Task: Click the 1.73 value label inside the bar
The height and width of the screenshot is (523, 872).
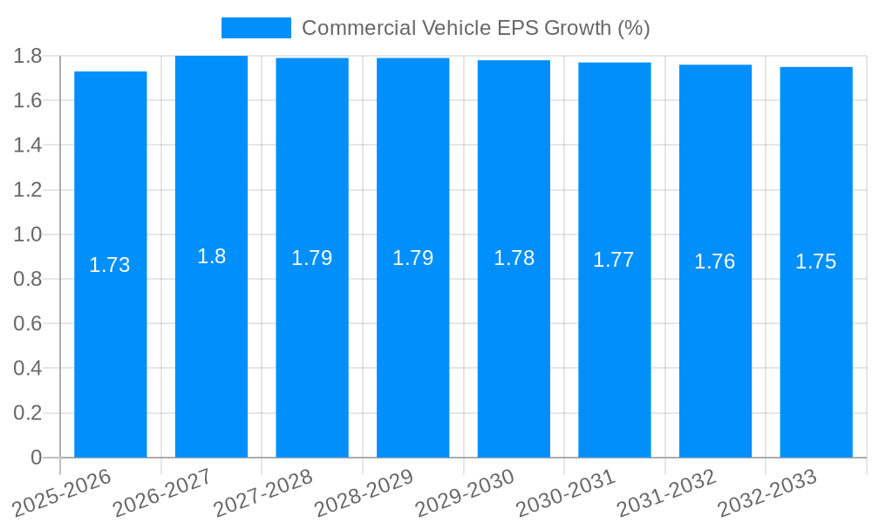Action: pyautogui.click(x=110, y=265)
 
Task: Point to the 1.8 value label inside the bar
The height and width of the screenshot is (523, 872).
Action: pyautogui.click(x=211, y=256)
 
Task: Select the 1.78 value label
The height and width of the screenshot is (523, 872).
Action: pyautogui.click(x=514, y=258)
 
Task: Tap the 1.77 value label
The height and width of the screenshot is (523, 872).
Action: pyautogui.click(x=614, y=260)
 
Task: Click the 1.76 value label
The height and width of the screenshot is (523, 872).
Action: pyautogui.click(x=715, y=261)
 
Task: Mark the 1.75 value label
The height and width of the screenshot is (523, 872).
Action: pyautogui.click(x=816, y=261)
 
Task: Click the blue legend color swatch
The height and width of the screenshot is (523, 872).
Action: pyautogui.click(x=255, y=28)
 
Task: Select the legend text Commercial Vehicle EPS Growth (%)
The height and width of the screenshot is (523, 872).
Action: pyautogui.click(x=475, y=28)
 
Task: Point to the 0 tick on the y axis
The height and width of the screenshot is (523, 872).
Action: pyautogui.click(x=36, y=458)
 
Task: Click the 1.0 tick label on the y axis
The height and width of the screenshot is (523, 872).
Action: pyautogui.click(x=28, y=234)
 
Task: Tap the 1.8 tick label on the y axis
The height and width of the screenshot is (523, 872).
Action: pyautogui.click(x=28, y=56)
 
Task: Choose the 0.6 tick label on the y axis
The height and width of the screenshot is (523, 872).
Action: pyautogui.click(x=28, y=323)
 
